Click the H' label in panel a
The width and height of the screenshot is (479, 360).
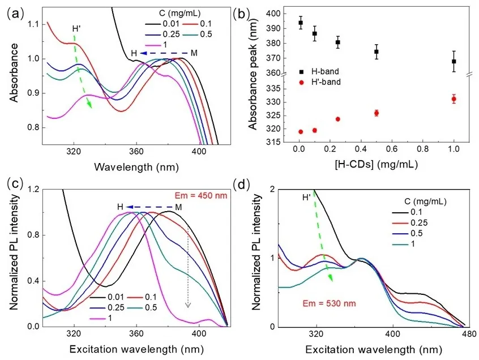coord(76,28)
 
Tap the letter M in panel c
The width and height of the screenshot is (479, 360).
coord(179,207)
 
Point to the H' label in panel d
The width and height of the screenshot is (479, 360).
coord(307,198)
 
